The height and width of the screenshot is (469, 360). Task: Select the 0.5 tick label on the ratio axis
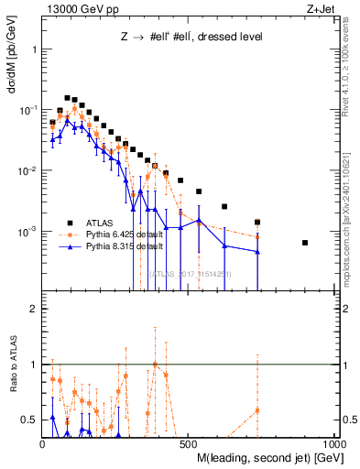point(30,420)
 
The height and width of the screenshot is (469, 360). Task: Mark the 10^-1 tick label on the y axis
point(27,110)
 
